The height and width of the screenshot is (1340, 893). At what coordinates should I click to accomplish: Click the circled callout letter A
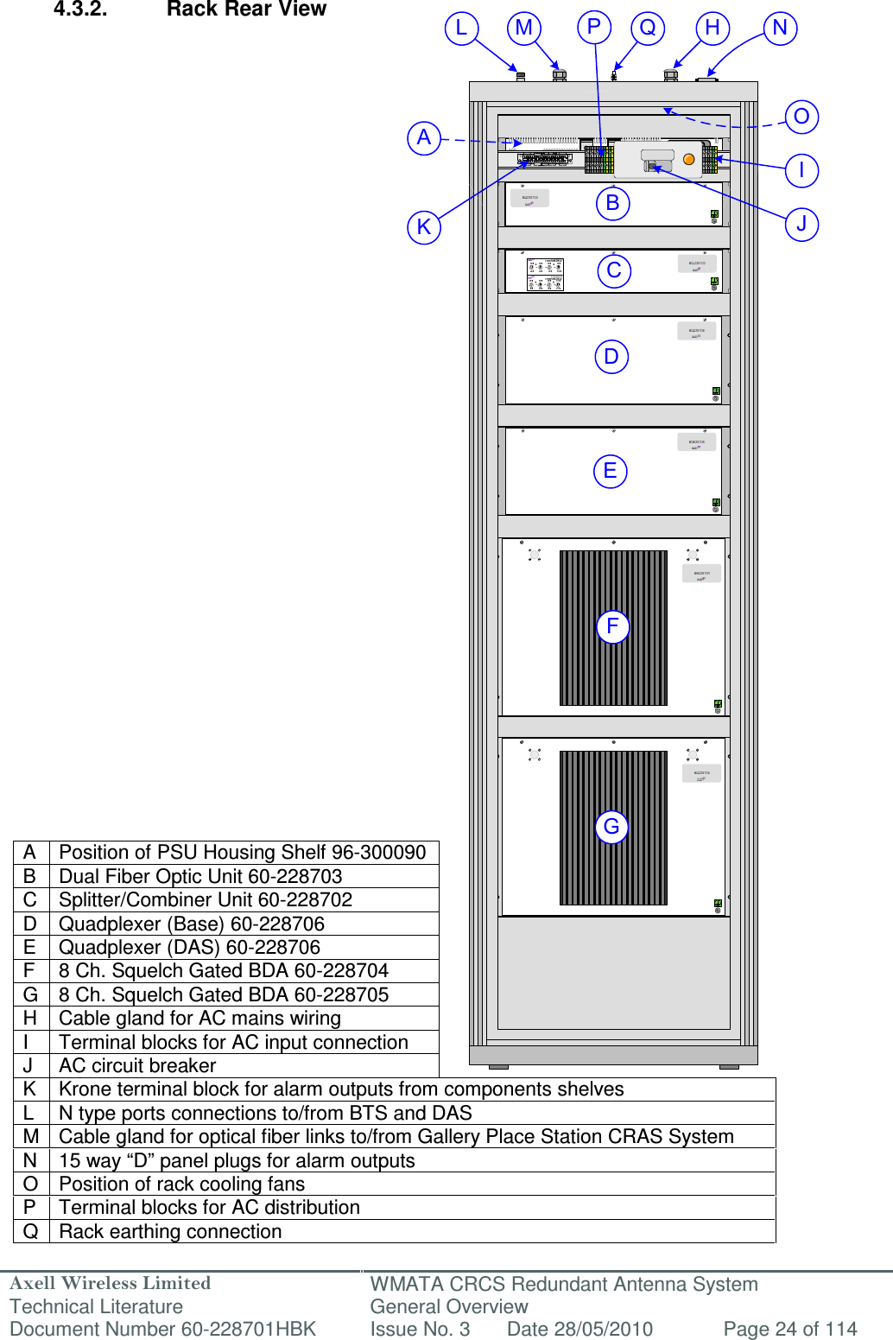[x=424, y=137]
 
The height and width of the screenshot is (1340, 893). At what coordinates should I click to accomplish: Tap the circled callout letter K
[x=424, y=227]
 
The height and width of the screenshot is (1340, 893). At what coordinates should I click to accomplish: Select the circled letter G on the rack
[x=611, y=827]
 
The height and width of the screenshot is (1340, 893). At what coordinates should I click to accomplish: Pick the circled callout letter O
[x=801, y=117]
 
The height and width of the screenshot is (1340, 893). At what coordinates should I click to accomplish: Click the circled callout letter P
[x=594, y=27]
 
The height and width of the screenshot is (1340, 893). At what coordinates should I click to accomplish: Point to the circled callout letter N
[x=780, y=28]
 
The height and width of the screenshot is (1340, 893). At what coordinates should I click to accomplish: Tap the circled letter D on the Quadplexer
[x=611, y=356]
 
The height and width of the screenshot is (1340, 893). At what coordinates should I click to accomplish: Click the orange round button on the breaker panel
[x=688, y=159]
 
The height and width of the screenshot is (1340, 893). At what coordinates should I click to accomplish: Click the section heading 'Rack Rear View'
[x=246, y=10]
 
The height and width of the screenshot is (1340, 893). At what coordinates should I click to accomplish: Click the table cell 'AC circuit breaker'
[x=137, y=1066]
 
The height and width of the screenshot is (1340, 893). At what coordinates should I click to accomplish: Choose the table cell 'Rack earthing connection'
[x=170, y=1232]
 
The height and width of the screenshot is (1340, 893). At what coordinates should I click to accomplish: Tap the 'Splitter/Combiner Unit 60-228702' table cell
[x=206, y=900]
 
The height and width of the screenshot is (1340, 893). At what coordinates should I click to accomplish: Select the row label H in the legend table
[x=30, y=1019]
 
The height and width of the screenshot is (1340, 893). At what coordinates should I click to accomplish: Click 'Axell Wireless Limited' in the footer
[x=111, y=1284]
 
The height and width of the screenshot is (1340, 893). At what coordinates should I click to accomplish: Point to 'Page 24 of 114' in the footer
[x=789, y=1329]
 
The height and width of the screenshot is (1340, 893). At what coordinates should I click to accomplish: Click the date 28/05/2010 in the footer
[x=579, y=1329]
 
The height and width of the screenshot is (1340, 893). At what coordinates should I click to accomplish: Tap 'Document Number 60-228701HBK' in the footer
[x=163, y=1329]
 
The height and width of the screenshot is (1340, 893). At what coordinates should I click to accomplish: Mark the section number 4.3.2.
[x=80, y=10]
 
